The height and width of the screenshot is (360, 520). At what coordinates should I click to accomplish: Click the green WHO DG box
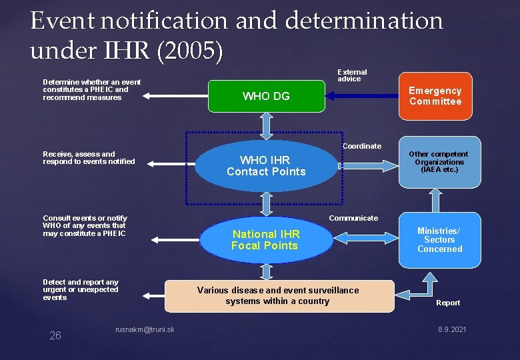point(266,96)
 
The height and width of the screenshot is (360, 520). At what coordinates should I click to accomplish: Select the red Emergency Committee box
point(435,96)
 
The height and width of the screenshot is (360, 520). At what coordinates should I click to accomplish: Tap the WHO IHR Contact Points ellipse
point(266,166)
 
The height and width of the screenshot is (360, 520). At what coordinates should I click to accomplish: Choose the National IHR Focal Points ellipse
point(265,240)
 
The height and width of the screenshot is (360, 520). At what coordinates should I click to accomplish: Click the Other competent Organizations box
point(439,162)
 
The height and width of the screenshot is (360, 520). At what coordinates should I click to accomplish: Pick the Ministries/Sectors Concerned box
point(439,240)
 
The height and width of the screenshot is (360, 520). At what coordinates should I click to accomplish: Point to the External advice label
point(351,75)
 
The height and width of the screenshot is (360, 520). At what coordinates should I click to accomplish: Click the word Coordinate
point(362,146)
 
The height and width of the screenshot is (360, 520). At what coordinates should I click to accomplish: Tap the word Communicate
point(353,218)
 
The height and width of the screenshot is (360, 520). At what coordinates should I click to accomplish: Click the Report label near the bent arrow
point(448,303)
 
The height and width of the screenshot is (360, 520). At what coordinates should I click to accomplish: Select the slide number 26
point(55,335)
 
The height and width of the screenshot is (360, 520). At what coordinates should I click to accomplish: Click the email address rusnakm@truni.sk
point(145,329)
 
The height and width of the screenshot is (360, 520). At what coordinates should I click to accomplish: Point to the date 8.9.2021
point(452,330)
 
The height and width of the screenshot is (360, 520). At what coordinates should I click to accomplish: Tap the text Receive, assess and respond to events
point(89,157)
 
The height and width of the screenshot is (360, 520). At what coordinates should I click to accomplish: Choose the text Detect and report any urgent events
point(81,289)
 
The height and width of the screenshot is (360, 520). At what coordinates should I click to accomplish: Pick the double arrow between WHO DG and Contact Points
point(266,125)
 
